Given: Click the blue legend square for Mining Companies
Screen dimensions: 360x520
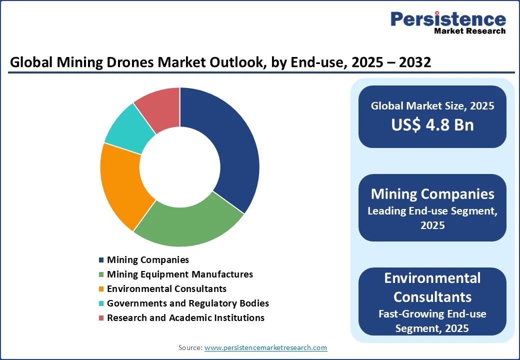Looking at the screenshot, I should pyautogui.click(x=101, y=260).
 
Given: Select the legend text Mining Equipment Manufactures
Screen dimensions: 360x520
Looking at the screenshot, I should pyautogui.click(x=179, y=274).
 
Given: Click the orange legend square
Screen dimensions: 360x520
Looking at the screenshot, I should pyautogui.click(x=101, y=289).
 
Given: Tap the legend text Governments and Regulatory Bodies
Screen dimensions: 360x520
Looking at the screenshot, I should pyautogui.click(x=187, y=303).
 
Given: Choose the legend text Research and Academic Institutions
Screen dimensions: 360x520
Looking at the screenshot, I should pyautogui.click(x=185, y=318).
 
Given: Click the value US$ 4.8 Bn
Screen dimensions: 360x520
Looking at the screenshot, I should pyautogui.click(x=432, y=124).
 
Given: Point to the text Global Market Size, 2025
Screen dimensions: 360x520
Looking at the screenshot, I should pyautogui.click(x=432, y=106).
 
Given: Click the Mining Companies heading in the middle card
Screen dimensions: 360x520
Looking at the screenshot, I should pyautogui.click(x=432, y=194).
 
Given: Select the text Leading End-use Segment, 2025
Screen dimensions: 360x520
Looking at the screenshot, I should pyautogui.click(x=432, y=218).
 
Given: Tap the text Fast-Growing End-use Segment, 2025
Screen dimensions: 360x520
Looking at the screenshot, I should pyautogui.click(x=432, y=320).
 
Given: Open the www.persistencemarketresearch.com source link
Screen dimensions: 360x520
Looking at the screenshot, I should pyautogui.click(x=265, y=347).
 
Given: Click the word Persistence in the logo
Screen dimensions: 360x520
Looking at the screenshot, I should pyautogui.click(x=448, y=19).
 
